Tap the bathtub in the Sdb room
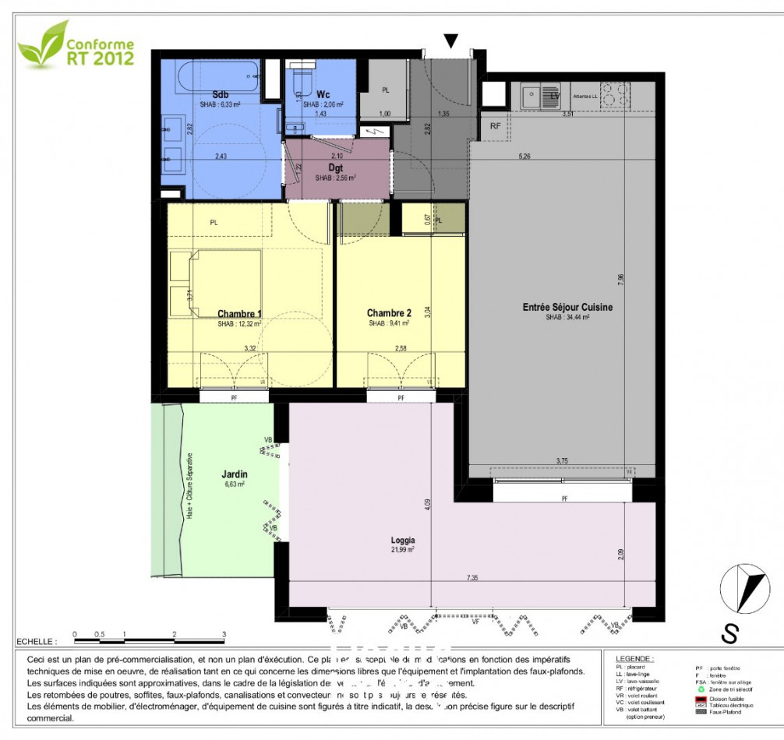[213, 77]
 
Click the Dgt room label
[336, 167]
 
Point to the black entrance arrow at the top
[451, 41]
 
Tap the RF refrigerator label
[496, 125]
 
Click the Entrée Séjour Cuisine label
[567, 307]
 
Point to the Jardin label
[235, 473]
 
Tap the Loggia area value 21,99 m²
[403, 549]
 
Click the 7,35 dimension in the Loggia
[473, 576]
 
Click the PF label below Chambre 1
[233, 398]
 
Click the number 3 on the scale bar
[224, 635]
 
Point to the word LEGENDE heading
[634, 658]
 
